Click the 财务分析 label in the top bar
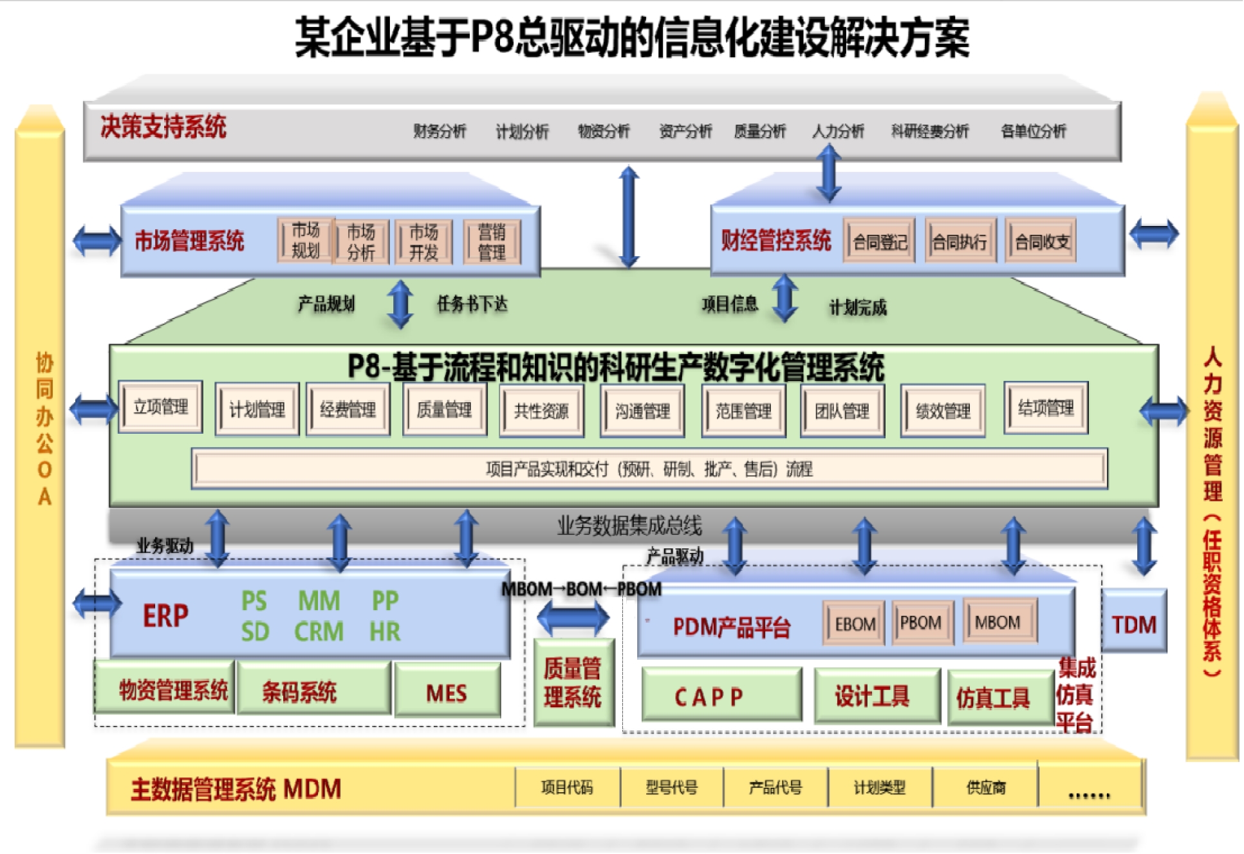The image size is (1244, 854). coord(440,131)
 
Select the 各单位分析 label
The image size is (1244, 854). coord(1033,131)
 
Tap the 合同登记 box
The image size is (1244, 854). coord(880,242)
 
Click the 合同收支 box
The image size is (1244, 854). coord(1042,242)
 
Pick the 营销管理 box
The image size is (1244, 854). coord(492,242)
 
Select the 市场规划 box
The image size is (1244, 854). coord(306,241)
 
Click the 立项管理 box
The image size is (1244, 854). coord(161,407)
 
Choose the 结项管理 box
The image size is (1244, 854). coord(1046,408)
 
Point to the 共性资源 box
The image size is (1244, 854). coord(541,411)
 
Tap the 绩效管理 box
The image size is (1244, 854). coord(943,411)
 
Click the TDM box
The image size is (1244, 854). coord(1134,624)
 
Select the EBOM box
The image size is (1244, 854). coord(855,624)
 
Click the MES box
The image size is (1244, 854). coord(447,693)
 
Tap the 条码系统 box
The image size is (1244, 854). coord(299,692)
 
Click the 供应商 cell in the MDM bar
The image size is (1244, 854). coord(985,787)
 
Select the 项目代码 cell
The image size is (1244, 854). coord(567,787)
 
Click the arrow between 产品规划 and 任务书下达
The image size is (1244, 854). coord(400,304)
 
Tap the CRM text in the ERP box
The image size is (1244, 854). coord(319,631)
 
